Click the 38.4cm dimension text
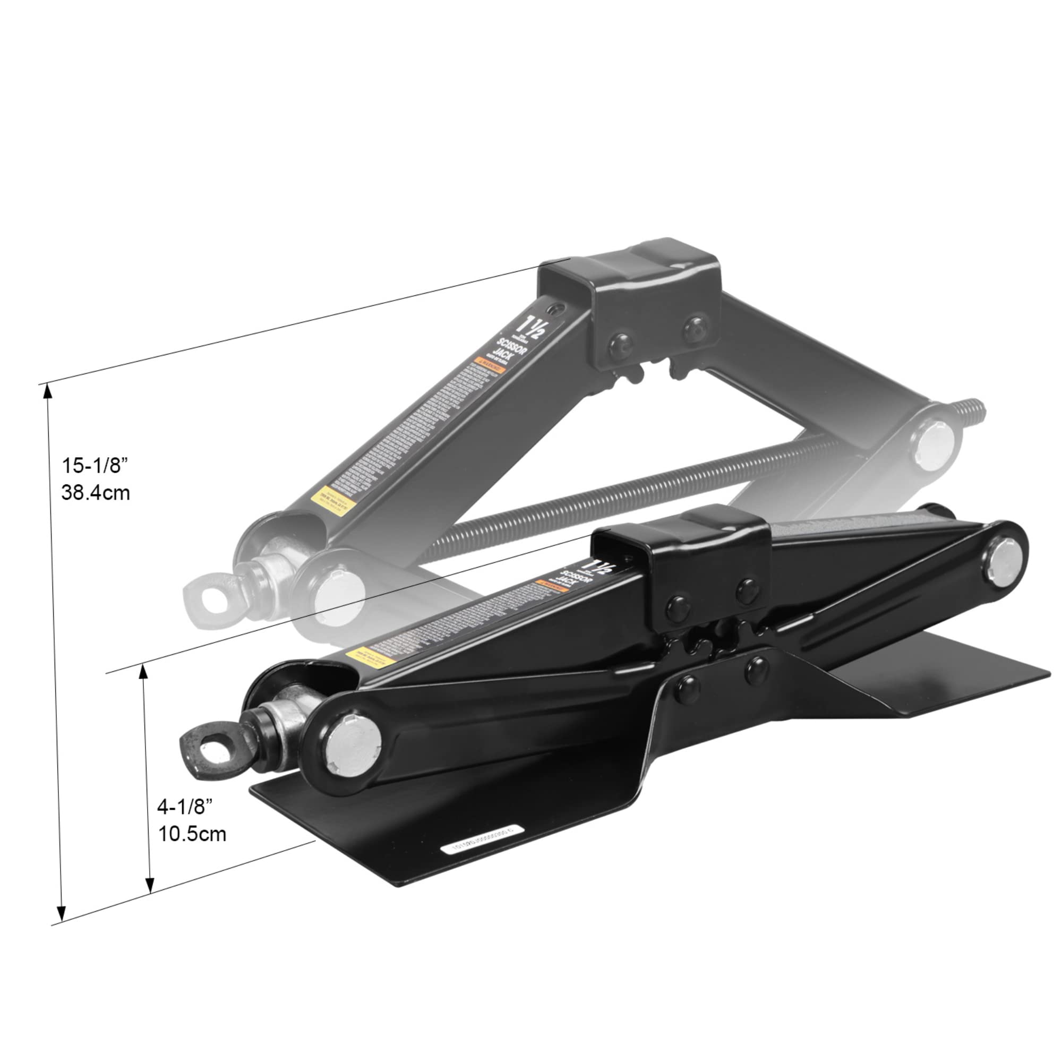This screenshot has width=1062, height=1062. tap(96, 493)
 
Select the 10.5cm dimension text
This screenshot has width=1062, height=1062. tap(192, 834)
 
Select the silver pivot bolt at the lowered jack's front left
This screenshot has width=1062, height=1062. tap(353, 746)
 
